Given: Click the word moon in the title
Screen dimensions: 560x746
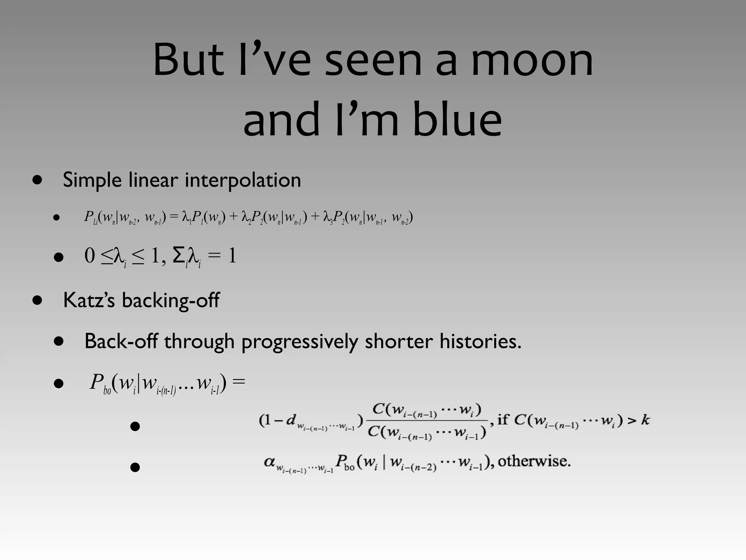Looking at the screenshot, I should (532, 60).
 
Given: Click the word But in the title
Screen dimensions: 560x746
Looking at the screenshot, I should (188, 60).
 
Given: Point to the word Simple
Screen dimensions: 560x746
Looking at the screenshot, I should (92, 180).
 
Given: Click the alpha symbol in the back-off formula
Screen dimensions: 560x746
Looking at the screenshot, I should (270, 462).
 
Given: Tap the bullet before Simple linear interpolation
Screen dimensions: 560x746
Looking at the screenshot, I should (37, 180).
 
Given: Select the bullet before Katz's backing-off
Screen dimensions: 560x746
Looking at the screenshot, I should (37, 301).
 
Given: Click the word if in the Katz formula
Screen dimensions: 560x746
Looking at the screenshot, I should (503, 420).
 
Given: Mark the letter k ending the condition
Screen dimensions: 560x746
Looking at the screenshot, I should (645, 420).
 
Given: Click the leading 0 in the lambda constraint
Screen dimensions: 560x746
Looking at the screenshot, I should (90, 256).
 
